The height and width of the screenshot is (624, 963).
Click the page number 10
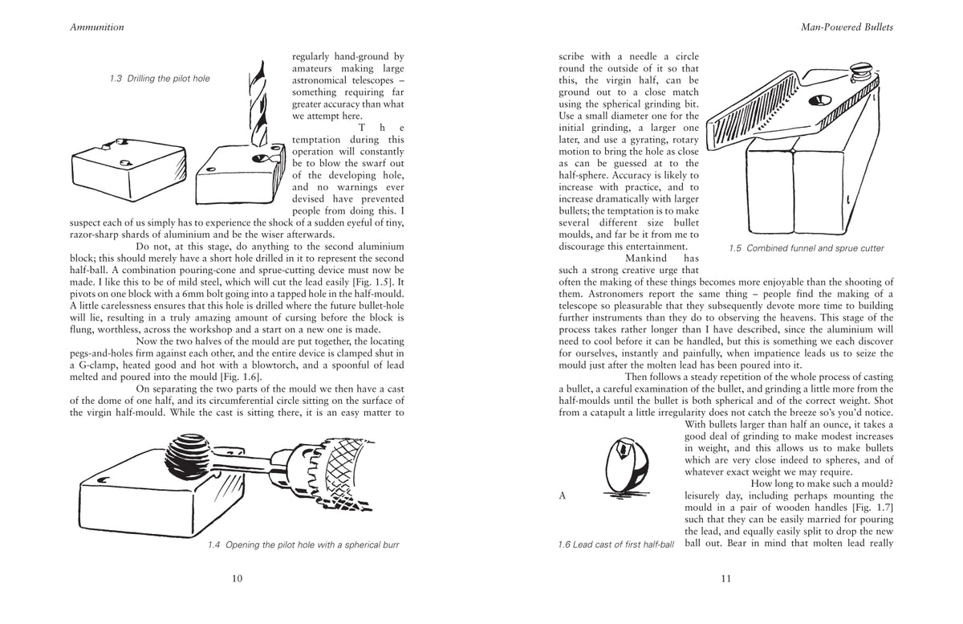pyautogui.click(x=237, y=579)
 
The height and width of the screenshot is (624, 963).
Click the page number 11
pyautogui.click(x=725, y=579)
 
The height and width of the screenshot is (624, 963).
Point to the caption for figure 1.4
pyautogui.click(x=303, y=545)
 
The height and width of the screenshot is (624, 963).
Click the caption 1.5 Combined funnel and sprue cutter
pyautogui.click(x=806, y=248)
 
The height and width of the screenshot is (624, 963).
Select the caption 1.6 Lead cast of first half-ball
pyautogui.click(x=616, y=545)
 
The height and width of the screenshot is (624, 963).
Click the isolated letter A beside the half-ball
pyautogui.click(x=563, y=496)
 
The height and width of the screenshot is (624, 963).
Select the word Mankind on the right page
pyautogui.click(x=646, y=259)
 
